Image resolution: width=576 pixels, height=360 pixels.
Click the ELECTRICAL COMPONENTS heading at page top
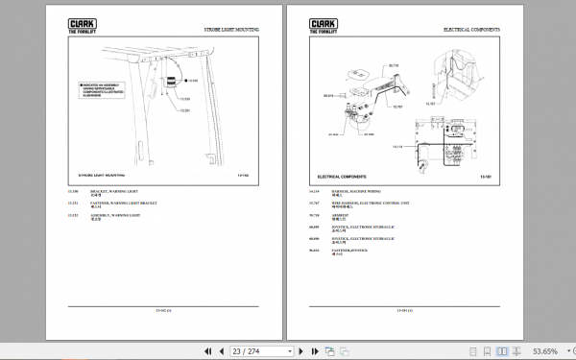pos(473,31)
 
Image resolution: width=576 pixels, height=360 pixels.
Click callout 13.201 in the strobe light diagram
pos(185,110)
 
